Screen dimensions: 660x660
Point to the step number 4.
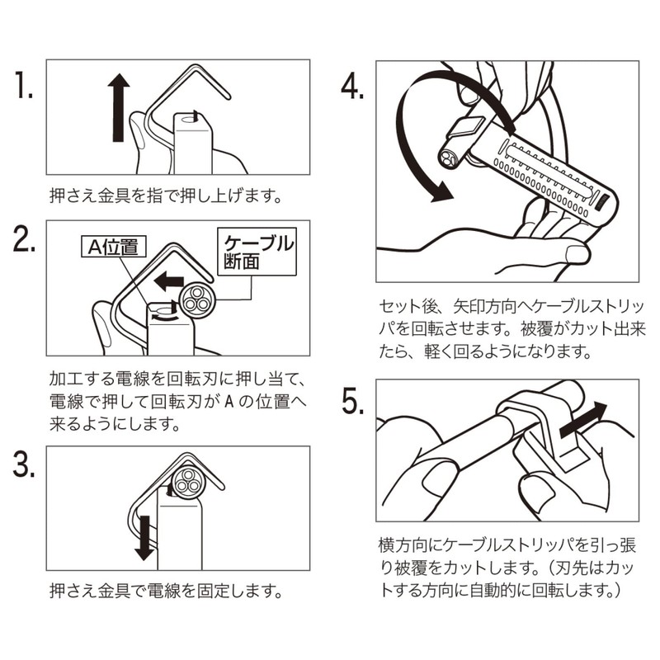[x=352, y=86]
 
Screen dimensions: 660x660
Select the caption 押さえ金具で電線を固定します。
[x=166, y=592]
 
